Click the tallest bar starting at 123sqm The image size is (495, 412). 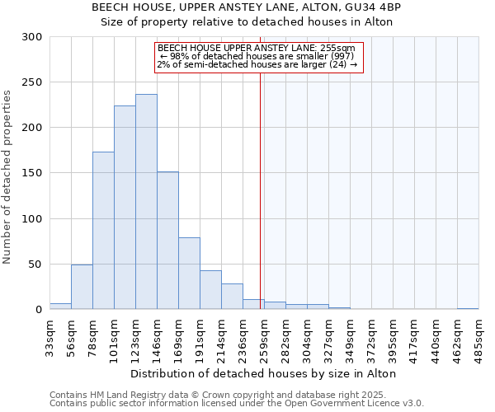coord(146,202)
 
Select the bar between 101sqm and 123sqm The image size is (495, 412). coord(125,208)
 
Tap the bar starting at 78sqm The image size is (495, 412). coord(103,231)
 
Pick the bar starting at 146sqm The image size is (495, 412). coord(167,241)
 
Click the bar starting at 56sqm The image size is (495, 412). coord(82,287)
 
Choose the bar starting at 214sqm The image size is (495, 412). coord(232,297)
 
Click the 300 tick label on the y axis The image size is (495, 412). coord(32,37)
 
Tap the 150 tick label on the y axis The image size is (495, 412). coord(32,174)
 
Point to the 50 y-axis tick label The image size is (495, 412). coord(35,265)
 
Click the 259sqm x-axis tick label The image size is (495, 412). coord(264,336)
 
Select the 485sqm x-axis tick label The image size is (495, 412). coord(478,336)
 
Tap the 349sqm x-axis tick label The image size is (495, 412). coord(350,336)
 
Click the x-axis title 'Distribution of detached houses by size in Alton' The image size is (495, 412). coord(264,373)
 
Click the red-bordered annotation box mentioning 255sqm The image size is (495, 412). coord(258,56)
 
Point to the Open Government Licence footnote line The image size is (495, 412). coord(237,404)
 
